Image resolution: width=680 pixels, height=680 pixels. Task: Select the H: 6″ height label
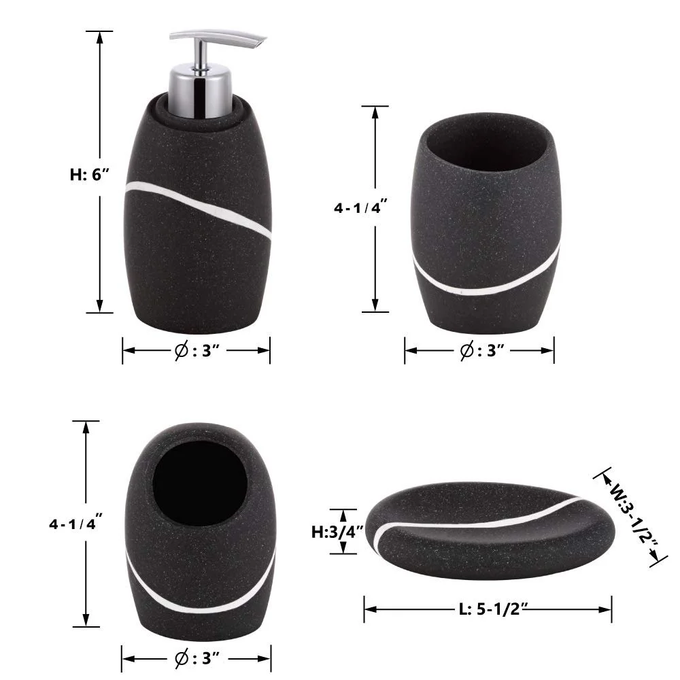pyautogui.click(x=89, y=174)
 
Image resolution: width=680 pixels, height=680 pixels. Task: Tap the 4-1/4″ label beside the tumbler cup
pyautogui.click(x=360, y=207)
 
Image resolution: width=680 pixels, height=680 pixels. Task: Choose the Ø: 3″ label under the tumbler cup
pyautogui.click(x=481, y=350)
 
